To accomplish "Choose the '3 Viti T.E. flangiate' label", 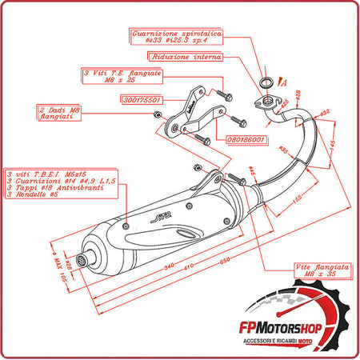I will (x=122, y=75).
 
